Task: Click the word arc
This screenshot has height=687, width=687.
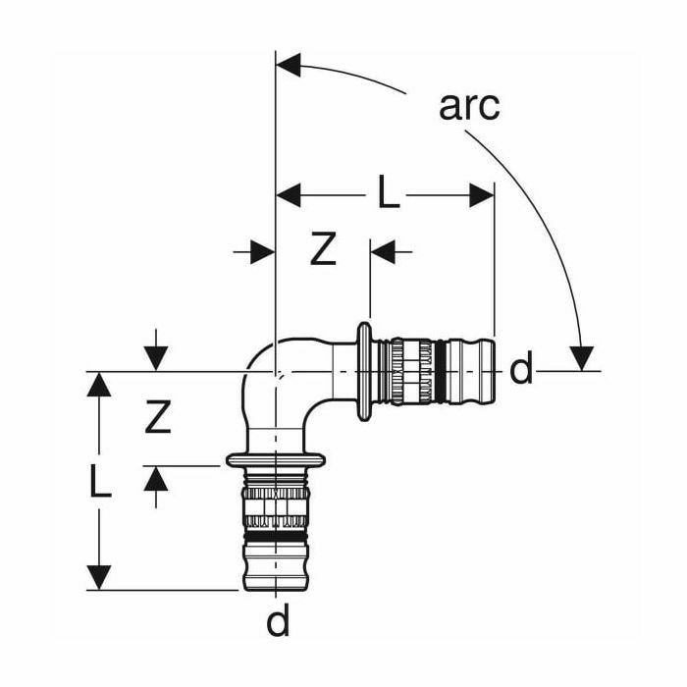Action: (469, 105)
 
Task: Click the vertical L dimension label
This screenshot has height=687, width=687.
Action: (98, 481)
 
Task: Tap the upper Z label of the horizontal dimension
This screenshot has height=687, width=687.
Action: (323, 251)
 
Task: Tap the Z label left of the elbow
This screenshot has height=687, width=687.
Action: (157, 419)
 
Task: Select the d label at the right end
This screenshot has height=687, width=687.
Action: (521, 370)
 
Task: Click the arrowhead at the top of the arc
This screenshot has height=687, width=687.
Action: (289, 66)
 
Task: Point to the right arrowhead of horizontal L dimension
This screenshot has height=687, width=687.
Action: (482, 195)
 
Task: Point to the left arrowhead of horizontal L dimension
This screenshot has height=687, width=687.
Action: (289, 195)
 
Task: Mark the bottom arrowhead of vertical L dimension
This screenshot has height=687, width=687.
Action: (98, 577)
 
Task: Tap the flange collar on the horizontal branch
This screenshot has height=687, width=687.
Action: (367, 372)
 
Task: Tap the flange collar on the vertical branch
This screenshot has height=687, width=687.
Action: (278, 458)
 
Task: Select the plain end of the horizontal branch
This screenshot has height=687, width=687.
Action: (475, 372)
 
